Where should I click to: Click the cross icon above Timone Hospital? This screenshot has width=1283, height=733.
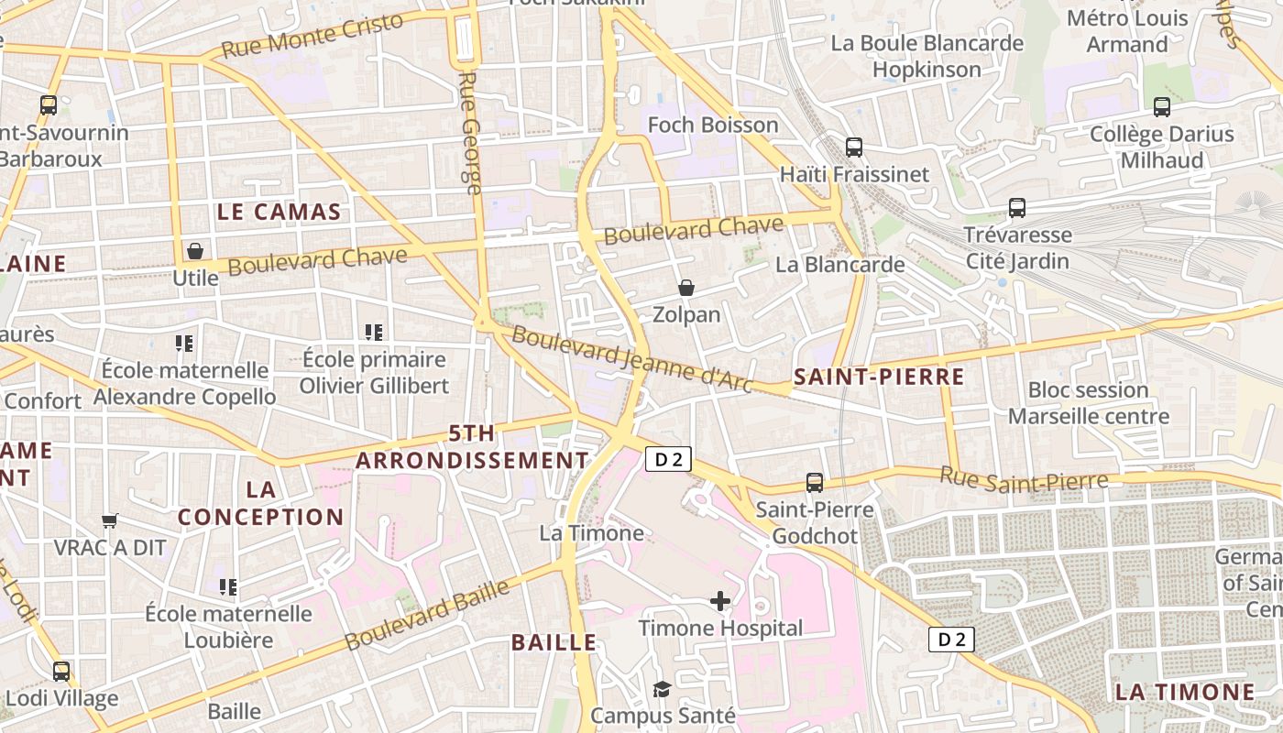click(720, 601)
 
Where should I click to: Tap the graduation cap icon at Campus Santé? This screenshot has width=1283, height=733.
click(662, 689)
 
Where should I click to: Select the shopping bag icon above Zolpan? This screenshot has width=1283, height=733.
click(685, 288)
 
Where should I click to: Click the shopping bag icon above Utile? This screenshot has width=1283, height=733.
click(195, 250)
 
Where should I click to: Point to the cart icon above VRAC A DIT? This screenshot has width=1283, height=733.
click(110, 520)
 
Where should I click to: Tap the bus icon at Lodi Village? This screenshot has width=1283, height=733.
click(61, 672)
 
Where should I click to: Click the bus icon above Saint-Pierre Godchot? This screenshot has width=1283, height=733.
click(814, 482)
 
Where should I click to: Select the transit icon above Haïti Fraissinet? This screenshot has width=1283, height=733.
click(854, 147)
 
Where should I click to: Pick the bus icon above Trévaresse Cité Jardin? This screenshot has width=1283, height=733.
click(1017, 207)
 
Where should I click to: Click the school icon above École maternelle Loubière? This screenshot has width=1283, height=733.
click(227, 586)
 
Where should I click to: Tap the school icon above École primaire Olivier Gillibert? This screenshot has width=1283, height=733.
click(373, 332)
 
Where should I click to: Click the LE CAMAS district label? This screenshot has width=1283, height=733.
click(280, 212)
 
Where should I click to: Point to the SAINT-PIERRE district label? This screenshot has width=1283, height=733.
click(879, 377)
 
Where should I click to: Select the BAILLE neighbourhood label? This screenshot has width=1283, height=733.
click(554, 642)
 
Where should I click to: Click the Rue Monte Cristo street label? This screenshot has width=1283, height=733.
click(313, 36)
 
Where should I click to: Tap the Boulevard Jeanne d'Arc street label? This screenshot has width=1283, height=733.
click(632, 358)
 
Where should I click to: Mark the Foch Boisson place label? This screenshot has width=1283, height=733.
click(713, 125)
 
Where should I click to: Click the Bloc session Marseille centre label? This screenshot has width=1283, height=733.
click(1088, 403)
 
